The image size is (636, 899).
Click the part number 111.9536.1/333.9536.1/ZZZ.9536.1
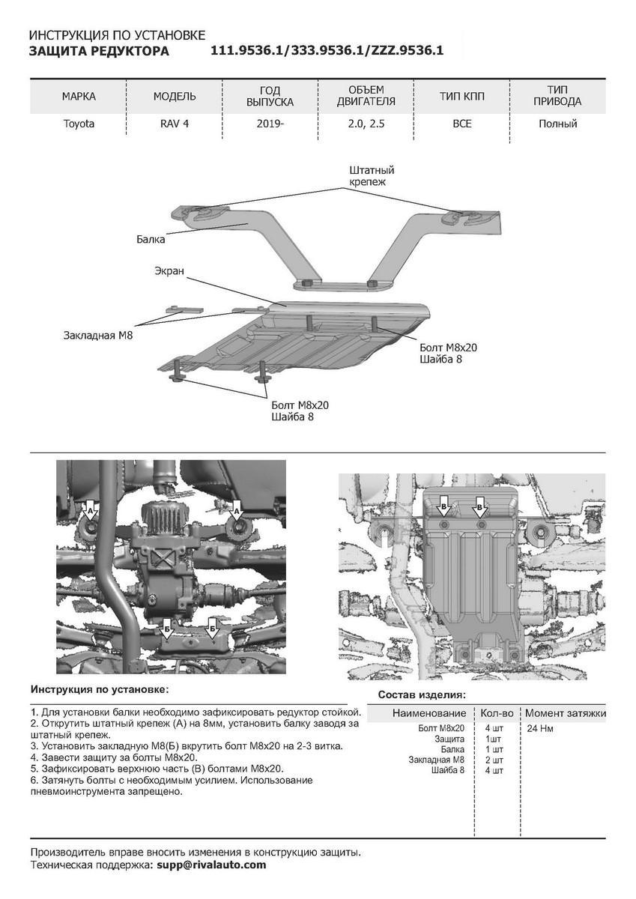pos(327,51)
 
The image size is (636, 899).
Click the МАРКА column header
pos(79,97)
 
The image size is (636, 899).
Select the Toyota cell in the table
pos(79,124)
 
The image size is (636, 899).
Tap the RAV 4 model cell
pos(175,124)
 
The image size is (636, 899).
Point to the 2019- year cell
pos(270,124)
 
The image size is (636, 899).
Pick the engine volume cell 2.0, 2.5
pos(366,124)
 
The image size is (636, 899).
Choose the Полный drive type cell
pos(557,124)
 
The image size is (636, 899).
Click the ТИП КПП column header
pos(462,97)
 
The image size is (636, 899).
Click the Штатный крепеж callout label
pos(371,176)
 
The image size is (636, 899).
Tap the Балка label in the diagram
pos(151,240)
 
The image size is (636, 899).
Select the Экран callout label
pos(169,270)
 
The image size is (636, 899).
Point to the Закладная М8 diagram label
pos(98,337)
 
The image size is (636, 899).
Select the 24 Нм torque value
pos(540,728)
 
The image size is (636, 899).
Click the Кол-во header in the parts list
pos(497,713)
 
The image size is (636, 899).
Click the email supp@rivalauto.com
pos(211,865)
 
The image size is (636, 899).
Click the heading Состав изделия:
pos(422,694)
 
